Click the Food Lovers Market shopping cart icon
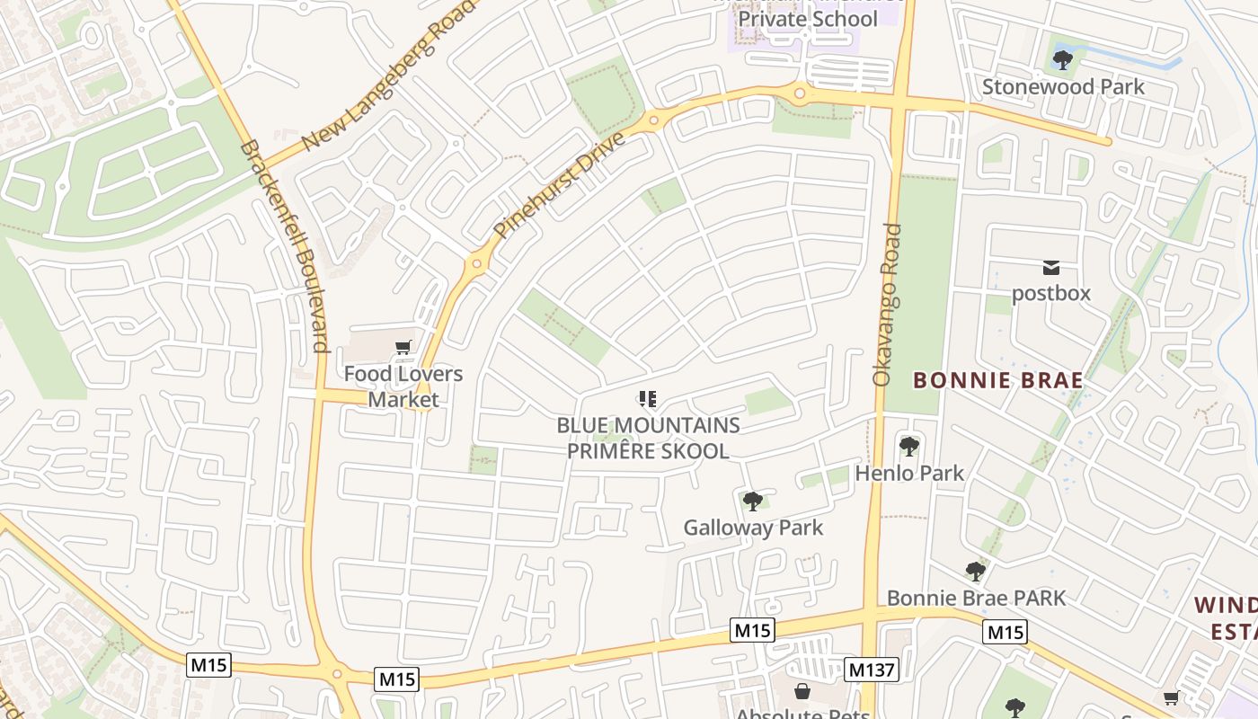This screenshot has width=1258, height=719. click(x=403, y=347)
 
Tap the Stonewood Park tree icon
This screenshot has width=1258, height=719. click(x=1063, y=60)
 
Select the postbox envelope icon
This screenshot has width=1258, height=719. click(x=1050, y=267)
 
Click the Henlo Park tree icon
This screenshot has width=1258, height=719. click(x=909, y=446)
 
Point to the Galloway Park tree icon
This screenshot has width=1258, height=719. click(x=753, y=501)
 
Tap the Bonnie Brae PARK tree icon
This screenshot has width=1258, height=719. click(x=976, y=571)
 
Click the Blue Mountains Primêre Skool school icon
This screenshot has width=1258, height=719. click(x=648, y=398)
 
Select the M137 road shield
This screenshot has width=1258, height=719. click(x=871, y=669)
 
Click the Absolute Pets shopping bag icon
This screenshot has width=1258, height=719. click(x=802, y=691)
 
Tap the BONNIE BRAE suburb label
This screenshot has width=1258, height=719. click(x=998, y=380)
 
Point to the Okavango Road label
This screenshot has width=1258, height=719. click(x=887, y=306)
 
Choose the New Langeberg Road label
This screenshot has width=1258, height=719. click(x=386, y=81)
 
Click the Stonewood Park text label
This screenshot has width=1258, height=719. click(x=1063, y=86)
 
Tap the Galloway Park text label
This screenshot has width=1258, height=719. click(x=753, y=528)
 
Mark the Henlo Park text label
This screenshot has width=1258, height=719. click(x=909, y=473)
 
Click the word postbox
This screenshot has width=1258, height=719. click(x=1050, y=293)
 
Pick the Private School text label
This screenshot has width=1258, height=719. click(x=808, y=19)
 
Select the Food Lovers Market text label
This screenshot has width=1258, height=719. click(x=403, y=386)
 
